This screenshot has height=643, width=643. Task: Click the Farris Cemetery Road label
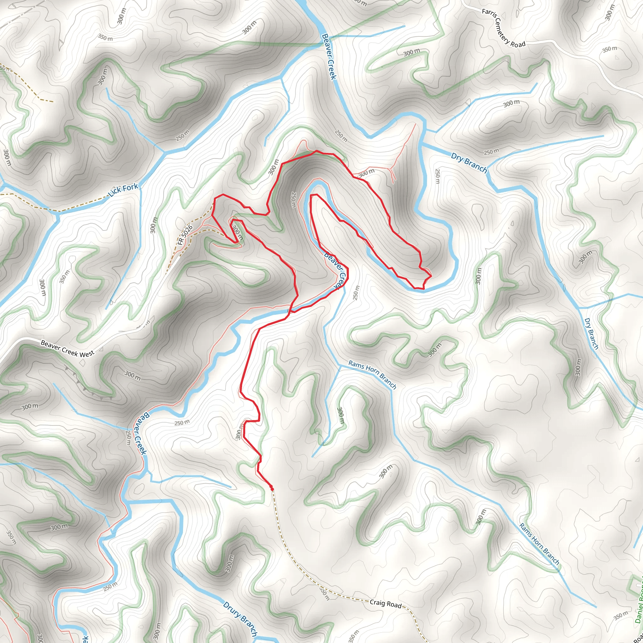[503, 29]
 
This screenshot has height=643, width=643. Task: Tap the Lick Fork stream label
[123, 190]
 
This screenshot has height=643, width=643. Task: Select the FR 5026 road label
[185, 235]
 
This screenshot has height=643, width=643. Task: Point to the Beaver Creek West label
[68, 349]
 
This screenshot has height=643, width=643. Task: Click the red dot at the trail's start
[272, 489]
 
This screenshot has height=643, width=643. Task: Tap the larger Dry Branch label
[469, 163]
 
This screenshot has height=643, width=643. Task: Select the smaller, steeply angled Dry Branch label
[591, 334]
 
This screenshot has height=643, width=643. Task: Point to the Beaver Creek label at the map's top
[329, 57]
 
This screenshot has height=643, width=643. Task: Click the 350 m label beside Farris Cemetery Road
[610, 49]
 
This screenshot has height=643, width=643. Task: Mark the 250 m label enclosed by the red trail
[293, 200]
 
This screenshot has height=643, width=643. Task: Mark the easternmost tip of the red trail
[432, 276]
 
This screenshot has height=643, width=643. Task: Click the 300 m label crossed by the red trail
[237, 233]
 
